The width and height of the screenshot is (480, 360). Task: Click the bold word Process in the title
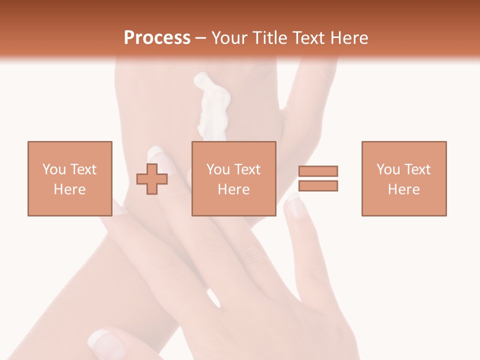157,38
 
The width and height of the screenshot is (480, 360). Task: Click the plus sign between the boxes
152,179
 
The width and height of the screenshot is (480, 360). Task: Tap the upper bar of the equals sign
318,171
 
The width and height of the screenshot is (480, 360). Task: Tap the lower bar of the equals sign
318,186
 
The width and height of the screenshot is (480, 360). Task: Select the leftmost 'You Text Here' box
69,178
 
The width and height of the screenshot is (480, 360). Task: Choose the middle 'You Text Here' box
233,178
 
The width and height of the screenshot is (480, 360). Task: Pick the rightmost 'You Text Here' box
403,178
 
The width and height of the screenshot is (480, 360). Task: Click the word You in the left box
53,169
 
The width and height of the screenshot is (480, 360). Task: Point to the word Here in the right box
403,189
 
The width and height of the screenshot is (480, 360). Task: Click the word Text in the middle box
247,169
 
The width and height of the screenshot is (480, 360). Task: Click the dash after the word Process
200,38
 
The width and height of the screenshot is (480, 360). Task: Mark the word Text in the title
308,38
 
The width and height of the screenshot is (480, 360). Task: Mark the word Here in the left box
69,189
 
